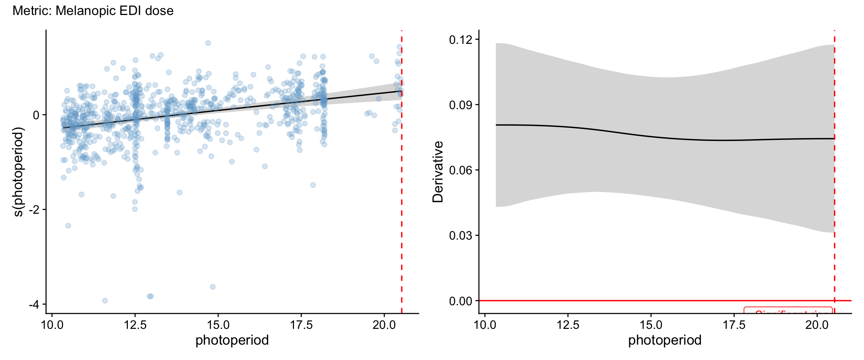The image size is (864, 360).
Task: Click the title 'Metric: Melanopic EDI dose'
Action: tap(93, 11)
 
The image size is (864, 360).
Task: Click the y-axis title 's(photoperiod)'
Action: tap(18, 172)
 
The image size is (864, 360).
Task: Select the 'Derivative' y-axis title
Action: tap(438, 172)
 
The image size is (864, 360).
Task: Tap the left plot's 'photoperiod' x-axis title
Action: tap(232, 340)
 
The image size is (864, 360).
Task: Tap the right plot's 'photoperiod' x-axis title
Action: tap(665, 340)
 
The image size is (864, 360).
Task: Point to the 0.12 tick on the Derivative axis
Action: tap(463, 39)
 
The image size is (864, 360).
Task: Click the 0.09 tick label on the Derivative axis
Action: tap(463, 105)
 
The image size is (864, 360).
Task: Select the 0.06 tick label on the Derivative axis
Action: tap(463, 170)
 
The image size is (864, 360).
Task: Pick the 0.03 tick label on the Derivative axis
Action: tap(463, 235)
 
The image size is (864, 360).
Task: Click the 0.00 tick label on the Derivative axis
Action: tap(463, 301)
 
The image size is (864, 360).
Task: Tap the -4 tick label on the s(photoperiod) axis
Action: tap(34, 304)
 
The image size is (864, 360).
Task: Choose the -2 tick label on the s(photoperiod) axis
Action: tap(34, 210)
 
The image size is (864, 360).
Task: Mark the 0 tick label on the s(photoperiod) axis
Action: tap(36, 115)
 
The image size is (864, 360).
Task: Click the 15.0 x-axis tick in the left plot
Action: tap(218, 325)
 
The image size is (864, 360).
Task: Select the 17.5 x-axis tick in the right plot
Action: tap(734, 325)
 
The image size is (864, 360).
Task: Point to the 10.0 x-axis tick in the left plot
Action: tap(52, 325)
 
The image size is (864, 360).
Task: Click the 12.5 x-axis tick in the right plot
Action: tap(568, 325)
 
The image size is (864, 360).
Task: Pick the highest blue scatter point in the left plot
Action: tap(208, 43)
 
